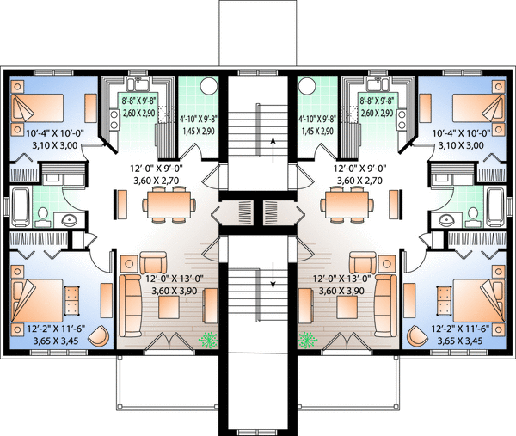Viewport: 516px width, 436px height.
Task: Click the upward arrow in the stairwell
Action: [x=273, y=150]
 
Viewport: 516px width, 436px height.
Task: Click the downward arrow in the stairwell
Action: [x=273, y=275]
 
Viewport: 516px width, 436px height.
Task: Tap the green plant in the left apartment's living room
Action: [x=208, y=341]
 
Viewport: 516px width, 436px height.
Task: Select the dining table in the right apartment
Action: [x=347, y=205]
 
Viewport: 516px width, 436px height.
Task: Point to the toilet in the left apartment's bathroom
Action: [x=43, y=217]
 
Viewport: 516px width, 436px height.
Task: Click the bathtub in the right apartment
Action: [x=495, y=206]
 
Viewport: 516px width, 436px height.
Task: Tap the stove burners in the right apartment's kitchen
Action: [x=402, y=120]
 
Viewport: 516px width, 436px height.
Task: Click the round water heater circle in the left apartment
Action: [x=209, y=86]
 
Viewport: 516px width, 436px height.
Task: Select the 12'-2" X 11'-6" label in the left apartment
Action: [x=56, y=329]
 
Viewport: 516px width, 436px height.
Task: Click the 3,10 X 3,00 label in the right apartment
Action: [x=461, y=145]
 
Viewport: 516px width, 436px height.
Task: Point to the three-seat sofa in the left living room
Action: [x=131, y=305]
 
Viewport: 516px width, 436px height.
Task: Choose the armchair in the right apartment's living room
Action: [x=363, y=262]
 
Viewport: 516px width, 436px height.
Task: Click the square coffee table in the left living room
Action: [x=169, y=307]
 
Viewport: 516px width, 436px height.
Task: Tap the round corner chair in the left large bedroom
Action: [x=99, y=335]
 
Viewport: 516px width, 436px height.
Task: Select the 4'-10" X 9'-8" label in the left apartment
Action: [x=199, y=119]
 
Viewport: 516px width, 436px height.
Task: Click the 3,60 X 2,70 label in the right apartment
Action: [x=359, y=181]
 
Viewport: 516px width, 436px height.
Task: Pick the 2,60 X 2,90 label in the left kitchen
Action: [x=138, y=113]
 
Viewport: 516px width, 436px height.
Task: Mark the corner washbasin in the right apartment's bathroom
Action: [x=446, y=219]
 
